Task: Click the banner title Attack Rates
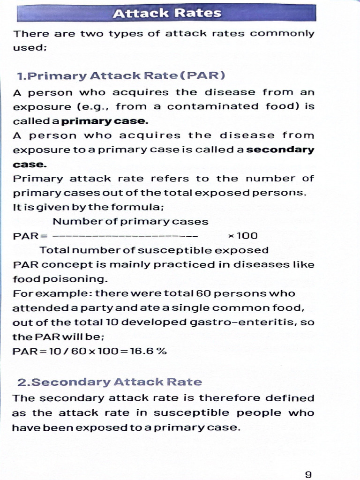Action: point(167,13)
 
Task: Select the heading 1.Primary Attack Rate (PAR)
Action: point(121,76)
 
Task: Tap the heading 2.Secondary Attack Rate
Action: point(110,382)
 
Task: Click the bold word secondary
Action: point(280,150)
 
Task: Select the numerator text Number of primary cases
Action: point(130,221)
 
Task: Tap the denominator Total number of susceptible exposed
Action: point(154,250)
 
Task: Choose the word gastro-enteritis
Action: point(258,323)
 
